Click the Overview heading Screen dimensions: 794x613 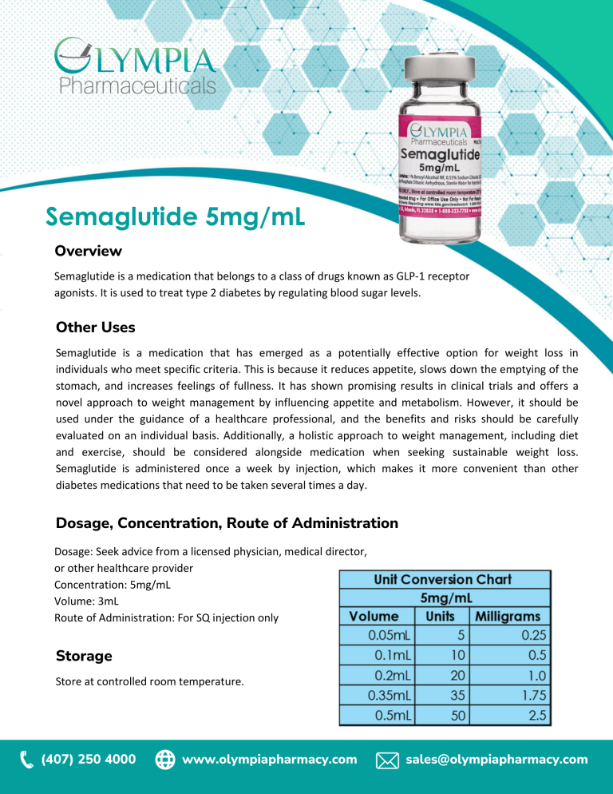(x=88, y=251)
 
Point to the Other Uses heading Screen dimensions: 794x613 (x=95, y=327)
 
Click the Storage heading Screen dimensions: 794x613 (x=84, y=656)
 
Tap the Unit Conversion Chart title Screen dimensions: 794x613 (x=445, y=579)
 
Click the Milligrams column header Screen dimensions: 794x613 (x=508, y=616)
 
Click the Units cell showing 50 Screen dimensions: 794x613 (x=457, y=715)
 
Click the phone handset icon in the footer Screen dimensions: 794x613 (x=26, y=759)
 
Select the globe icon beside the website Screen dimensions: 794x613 (x=164, y=760)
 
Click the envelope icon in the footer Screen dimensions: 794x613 (x=386, y=760)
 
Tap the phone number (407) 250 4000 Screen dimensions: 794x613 (x=88, y=759)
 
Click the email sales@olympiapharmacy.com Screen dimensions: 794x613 (x=496, y=759)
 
